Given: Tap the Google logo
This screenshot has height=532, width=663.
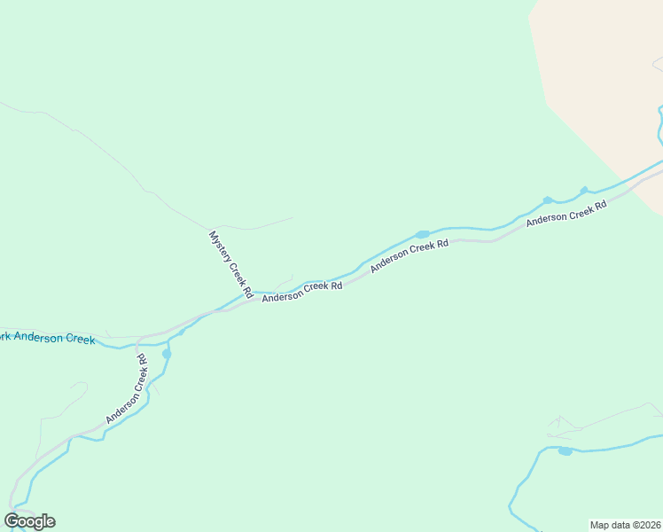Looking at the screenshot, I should (29, 521).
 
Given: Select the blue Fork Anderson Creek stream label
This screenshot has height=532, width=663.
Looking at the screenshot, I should (47, 338).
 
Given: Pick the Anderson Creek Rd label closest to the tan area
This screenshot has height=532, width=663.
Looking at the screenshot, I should (565, 214).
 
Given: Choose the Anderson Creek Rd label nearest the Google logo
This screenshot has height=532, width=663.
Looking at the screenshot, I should (126, 389).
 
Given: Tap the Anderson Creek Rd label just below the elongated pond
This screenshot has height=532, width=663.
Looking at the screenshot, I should (410, 254).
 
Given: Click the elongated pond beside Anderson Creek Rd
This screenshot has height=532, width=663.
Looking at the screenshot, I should (423, 234).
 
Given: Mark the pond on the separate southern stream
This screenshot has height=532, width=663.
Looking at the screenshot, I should (565, 451).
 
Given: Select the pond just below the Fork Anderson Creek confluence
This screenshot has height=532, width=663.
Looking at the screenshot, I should (167, 354).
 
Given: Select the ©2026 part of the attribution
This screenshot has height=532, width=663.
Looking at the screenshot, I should (643, 524).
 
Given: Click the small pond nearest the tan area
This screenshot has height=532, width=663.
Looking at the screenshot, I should (584, 191).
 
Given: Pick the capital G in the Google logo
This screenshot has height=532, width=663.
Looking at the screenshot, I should (12, 521).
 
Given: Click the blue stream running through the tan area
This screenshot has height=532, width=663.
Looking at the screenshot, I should (659, 124).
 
